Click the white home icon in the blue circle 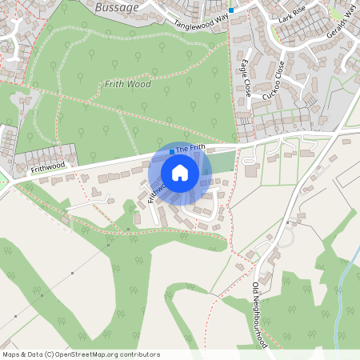[180, 173]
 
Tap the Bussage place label [117, 6]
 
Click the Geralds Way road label [343, 15]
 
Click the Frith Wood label [127, 83]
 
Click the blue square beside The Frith [171, 150]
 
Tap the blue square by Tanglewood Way [231, 10]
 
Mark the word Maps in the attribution [11, 354]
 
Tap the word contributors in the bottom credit [139, 354]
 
